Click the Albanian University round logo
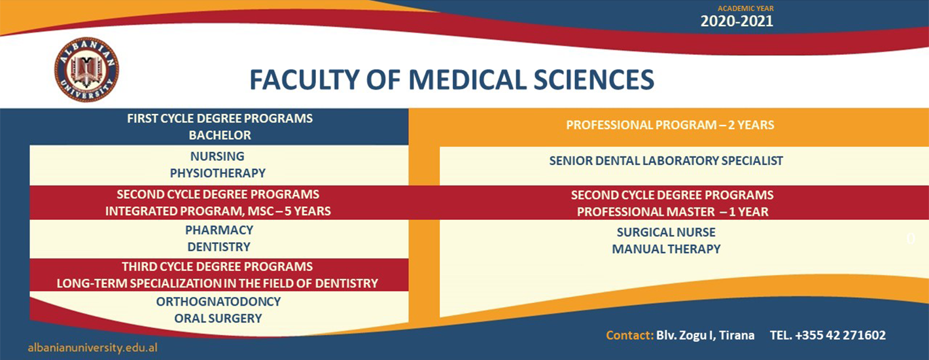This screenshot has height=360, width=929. coord(86,69)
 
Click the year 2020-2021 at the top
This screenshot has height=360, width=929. coord(737,21)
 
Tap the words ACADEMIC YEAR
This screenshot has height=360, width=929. coord(745,9)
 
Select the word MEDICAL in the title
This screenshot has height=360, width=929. coord(467,80)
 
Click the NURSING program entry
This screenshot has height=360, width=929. coord(217,156)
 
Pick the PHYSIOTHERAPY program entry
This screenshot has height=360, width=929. coord(218,173)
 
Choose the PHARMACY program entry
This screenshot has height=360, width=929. coord(219,230)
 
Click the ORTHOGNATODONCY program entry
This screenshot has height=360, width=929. coord(219,302)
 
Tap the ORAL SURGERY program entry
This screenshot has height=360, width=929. coord(218,319)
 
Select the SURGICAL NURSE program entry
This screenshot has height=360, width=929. coord(666,232)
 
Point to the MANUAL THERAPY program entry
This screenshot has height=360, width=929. coord(666,249)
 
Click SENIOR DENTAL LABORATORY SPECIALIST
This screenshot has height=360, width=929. coord(666,161)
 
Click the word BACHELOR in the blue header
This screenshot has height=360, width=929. coord(220,135)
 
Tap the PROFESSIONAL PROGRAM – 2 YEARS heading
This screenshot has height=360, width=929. coord(670,125)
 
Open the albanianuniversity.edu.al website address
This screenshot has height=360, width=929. coord(92,348)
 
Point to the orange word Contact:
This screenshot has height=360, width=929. coord(629,335)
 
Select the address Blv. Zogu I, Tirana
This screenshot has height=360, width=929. coord(705,335)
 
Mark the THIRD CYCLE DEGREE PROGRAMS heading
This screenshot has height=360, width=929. coord(217,266)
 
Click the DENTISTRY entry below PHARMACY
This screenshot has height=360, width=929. coord(219,247)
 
